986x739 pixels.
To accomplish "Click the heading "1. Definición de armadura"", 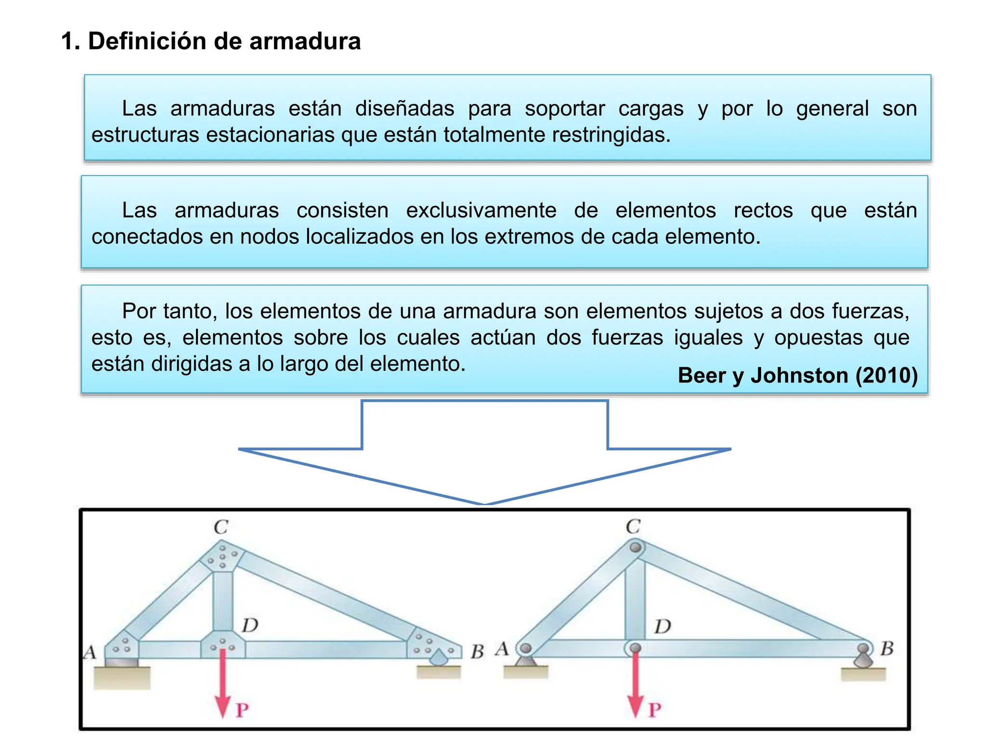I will click(x=211, y=41).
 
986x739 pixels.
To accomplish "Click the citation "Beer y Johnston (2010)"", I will click(x=797, y=375).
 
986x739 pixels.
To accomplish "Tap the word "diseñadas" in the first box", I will click(x=404, y=108).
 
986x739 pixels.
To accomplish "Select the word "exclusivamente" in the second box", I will click(x=481, y=210).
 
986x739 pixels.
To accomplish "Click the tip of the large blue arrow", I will click(x=485, y=503).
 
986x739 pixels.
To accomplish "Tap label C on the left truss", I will click(x=221, y=527).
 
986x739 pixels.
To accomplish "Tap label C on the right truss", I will click(x=633, y=526).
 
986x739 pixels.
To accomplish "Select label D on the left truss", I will click(x=250, y=625).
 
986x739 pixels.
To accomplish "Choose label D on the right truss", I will click(x=662, y=626).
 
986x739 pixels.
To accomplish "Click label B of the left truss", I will click(x=477, y=651).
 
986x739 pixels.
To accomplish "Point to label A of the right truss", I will click(x=502, y=649).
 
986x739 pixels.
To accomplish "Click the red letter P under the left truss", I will click(x=242, y=710).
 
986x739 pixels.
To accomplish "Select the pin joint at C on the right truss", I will click(x=636, y=548).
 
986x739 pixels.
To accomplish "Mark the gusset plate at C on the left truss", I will click(x=222, y=556).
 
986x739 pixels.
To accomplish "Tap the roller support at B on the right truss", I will click(x=863, y=657).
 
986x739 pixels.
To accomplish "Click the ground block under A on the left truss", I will click(x=122, y=678).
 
